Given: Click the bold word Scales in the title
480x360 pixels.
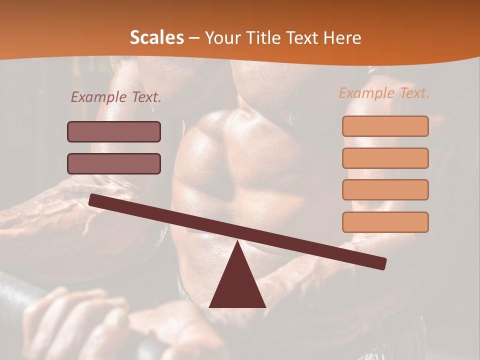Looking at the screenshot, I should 156,37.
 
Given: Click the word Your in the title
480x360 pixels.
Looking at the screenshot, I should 223,38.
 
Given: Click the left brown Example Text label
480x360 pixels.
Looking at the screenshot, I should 116,97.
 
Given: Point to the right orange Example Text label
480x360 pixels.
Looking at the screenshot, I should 384,93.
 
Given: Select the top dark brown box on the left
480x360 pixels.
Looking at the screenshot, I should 114,131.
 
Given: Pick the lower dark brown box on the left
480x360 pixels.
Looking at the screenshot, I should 114,163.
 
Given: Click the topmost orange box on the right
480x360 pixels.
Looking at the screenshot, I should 385,126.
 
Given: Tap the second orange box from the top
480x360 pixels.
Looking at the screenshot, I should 385,158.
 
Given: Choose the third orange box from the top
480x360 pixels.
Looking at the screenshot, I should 385,190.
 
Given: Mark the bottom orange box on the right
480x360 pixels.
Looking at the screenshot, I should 385,222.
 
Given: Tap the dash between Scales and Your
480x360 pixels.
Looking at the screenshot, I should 194,38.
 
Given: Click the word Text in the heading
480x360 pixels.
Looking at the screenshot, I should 303,37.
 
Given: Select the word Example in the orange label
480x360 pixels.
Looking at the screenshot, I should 367,93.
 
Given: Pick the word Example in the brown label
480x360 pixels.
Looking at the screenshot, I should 99,97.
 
